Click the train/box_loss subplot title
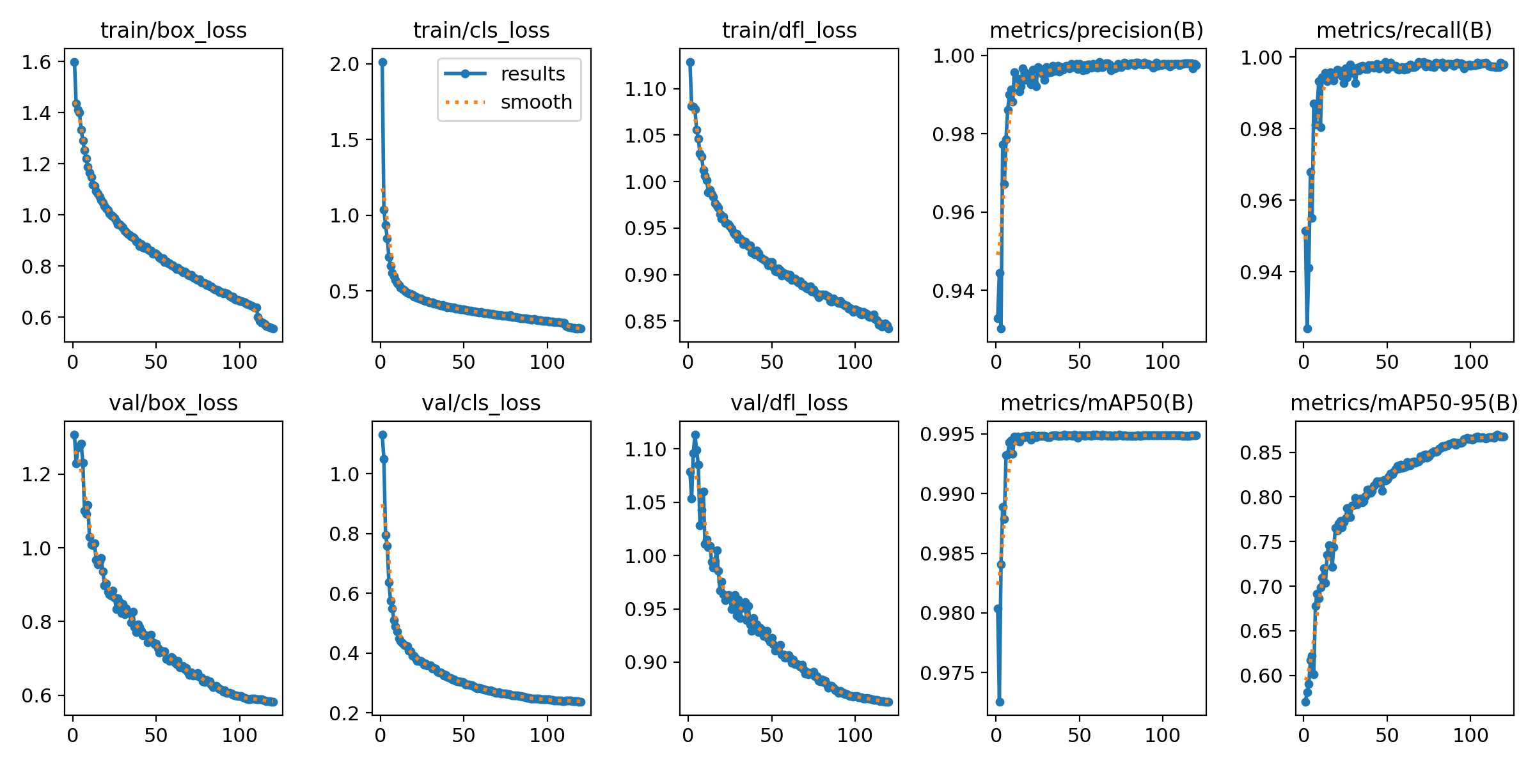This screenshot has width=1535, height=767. pyautogui.click(x=173, y=30)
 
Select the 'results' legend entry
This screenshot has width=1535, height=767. pyautogui.click(x=532, y=74)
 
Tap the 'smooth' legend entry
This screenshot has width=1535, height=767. pyautogui.click(x=536, y=102)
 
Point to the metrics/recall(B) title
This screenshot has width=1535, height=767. pyautogui.click(x=1404, y=30)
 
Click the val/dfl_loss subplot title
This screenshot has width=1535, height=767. pyautogui.click(x=789, y=403)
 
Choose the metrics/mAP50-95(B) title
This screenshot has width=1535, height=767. pyautogui.click(x=1404, y=403)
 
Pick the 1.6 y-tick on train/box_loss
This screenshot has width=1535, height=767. pyautogui.click(x=36, y=62)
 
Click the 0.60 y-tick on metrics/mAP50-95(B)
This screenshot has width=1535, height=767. pyautogui.click(x=1257, y=676)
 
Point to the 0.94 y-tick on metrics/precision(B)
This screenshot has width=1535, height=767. pyautogui.click(x=953, y=291)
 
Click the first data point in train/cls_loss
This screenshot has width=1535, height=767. pyautogui.click(x=382, y=62)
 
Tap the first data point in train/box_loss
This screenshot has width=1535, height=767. pyautogui.click(x=74, y=62)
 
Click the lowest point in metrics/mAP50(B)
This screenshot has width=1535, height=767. pyautogui.click(x=1000, y=702)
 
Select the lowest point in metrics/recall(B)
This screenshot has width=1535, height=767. pyautogui.click(x=1307, y=329)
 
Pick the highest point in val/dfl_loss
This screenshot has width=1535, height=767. pyautogui.click(x=695, y=435)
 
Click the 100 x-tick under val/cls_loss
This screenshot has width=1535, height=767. pyautogui.click(x=547, y=736)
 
